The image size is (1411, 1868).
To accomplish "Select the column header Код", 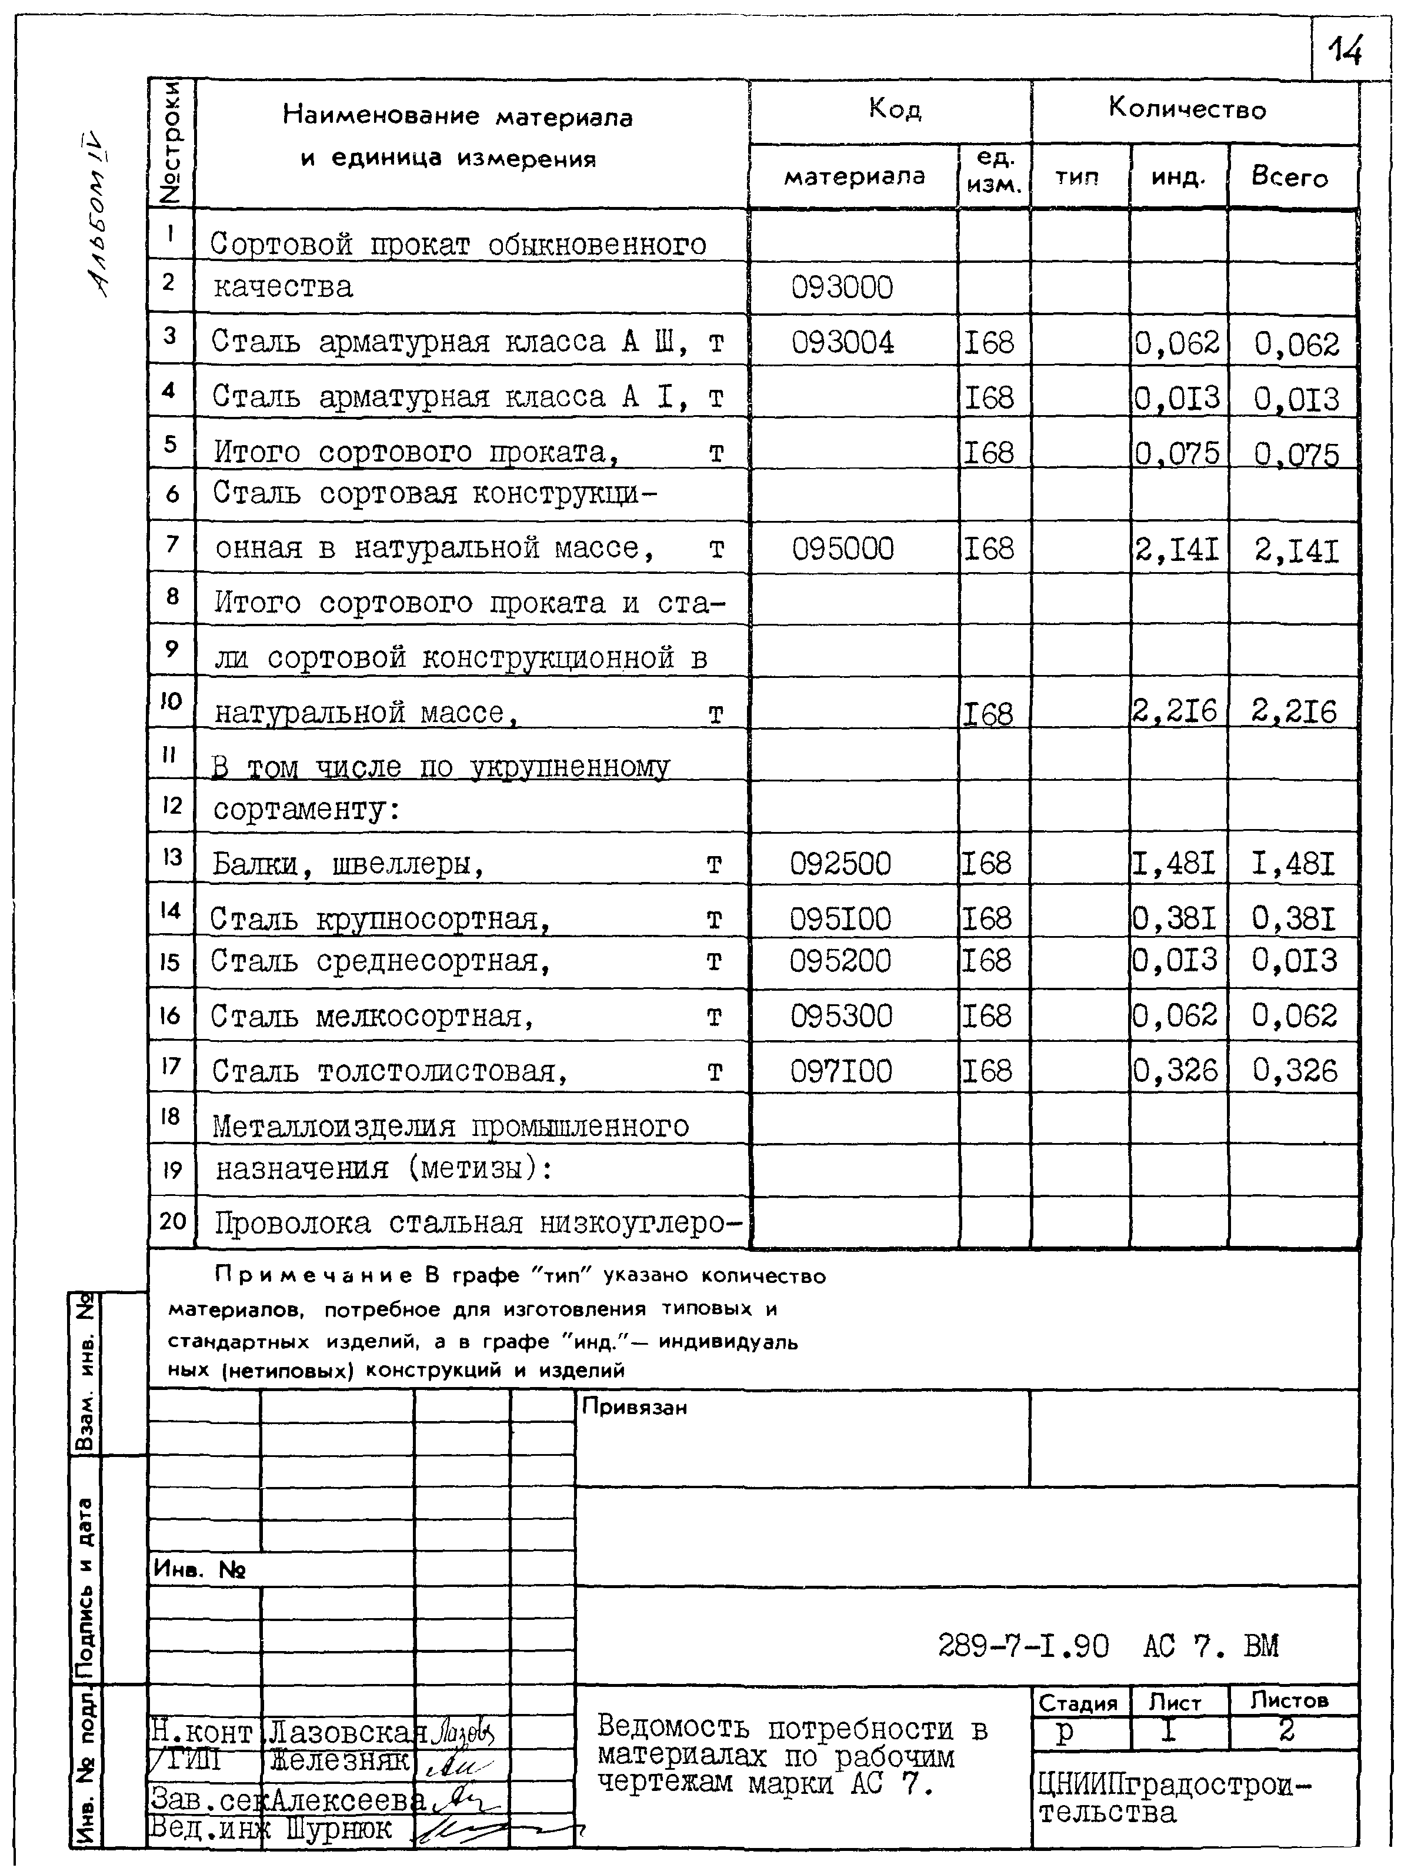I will pyautogui.click(x=894, y=109).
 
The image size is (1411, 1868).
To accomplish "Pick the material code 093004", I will pyautogui.click(x=842, y=342).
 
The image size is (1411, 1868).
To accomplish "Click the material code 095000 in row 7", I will pyautogui.click(x=842, y=549).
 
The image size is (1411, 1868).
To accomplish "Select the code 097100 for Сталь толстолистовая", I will pyautogui.click(x=840, y=1071).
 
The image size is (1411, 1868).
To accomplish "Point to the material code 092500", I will pyautogui.click(x=840, y=863).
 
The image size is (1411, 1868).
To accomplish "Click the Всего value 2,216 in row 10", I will pyautogui.click(x=1295, y=712).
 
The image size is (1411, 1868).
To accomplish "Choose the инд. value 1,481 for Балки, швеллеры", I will pyautogui.click(x=1175, y=863).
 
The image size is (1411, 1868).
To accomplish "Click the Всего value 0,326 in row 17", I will pyautogui.click(x=1295, y=1071).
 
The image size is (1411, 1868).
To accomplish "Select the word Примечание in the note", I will pyautogui.click(x=313, y=1276).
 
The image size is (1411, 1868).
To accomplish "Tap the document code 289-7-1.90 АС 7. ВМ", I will pyautogui.click(x=1108, y=1645).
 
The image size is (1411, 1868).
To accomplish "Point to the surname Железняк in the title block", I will pyautogui.click(x=339, y=1762).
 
